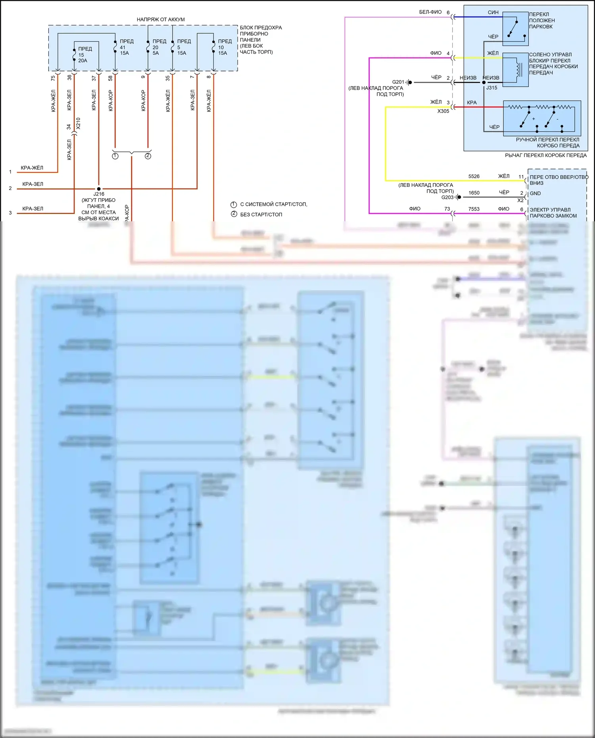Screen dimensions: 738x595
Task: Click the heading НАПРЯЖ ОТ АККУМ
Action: [x=161, y=19]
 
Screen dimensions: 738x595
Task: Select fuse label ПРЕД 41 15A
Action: [x=126, y=47]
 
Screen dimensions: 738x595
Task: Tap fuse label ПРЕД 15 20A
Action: [x=84, y=55]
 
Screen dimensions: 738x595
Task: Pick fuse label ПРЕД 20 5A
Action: [x=159, y=47]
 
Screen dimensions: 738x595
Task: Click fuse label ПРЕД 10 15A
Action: [x=224, y=47]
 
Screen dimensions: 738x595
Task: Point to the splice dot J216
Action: [x=99, y=189]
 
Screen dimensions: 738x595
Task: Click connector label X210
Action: [x=78, y=123]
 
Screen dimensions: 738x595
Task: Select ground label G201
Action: [x=398, y=82]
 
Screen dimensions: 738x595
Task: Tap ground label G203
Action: [x=447, y=197]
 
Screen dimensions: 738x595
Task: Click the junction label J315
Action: [x=491, y=88]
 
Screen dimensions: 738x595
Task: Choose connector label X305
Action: [x=443, y=111]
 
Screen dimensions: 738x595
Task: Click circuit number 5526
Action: [x=474, y=176]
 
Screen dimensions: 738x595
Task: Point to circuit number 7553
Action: [x=474, y=209]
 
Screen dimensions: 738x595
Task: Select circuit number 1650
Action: [x=474, y=193]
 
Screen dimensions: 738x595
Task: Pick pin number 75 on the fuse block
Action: [x=53, y=79]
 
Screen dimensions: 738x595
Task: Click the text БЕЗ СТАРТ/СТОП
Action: [x=261, y=215]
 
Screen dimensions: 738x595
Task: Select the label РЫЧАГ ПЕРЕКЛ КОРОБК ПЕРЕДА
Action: [x=545, y=155]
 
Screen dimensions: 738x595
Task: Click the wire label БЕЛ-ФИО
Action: [x=430, y=12]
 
